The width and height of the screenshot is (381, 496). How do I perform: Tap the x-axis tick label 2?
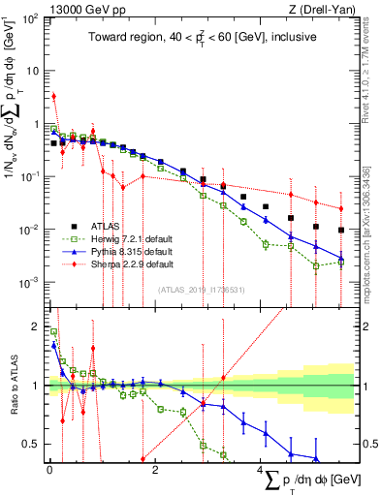[156, 468]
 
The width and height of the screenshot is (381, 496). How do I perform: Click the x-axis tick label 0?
[48, 468]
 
